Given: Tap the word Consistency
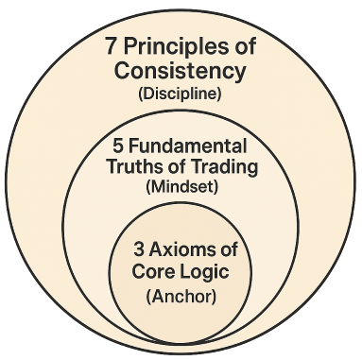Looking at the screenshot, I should (x=180, y=72).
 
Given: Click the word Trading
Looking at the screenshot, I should (x=215, y=168).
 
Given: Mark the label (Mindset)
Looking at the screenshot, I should (x=181, y=189).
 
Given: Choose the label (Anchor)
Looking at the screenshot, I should (x=180, y=296).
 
